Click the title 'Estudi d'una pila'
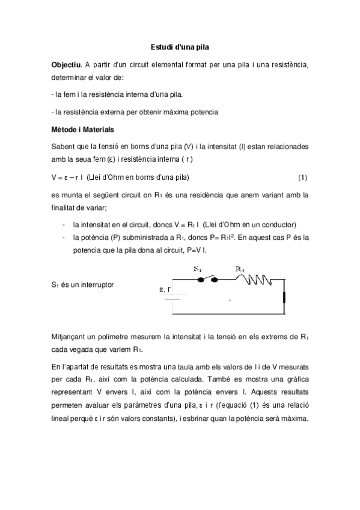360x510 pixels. (180, 46)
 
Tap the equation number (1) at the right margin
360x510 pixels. (303, 177)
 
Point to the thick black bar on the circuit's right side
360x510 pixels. (285, 297)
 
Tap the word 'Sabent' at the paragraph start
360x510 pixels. (64, 147)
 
